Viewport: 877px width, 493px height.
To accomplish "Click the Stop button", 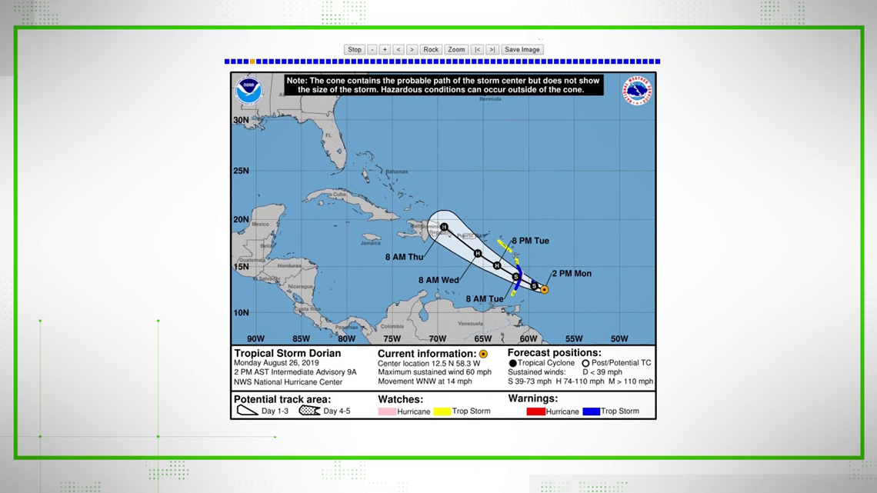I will pos(354,49).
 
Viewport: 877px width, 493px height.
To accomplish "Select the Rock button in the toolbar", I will pos(431,49).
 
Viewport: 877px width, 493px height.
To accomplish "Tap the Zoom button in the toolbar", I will pos(456,49).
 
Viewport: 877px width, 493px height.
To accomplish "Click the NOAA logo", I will pos(249,91).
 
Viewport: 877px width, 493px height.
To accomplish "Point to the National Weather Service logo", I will pos(637,91).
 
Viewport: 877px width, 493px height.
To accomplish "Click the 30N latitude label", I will pos(241,120).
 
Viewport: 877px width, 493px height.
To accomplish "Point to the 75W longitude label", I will pos(392,338).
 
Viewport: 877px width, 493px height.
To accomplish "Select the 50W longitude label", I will pos(619,338).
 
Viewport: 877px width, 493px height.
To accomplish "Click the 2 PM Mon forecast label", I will pos(571,274).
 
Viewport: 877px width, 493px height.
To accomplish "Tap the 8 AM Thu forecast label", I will pos(404,257).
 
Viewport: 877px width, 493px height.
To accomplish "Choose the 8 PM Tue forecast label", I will pos(530,241).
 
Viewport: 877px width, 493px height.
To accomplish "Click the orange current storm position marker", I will pos(544,290).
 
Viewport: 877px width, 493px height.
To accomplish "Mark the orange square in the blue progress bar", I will pos(252,62).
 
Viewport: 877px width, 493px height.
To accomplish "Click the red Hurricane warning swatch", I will pos(535,411).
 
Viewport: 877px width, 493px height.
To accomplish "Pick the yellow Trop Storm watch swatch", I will pos(442,411).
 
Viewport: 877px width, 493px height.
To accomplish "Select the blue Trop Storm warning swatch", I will pos(591,411).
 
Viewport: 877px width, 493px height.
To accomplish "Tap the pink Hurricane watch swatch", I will pos(387,411).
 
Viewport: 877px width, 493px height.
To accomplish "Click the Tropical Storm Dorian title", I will pos(287,354).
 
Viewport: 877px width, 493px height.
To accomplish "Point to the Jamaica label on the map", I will pos(369,243).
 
